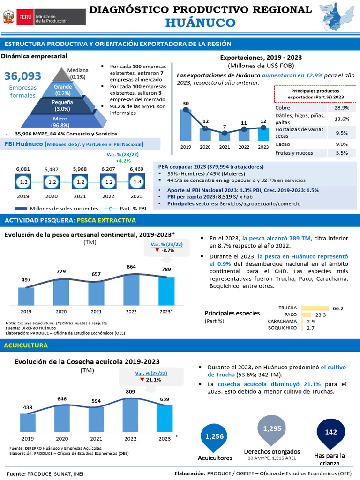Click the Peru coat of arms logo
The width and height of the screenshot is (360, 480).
point(8,17)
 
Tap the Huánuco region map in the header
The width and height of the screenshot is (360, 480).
point(338,18)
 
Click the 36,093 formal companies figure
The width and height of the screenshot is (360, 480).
point(22,76)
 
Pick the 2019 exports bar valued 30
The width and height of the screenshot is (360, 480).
point(186,125)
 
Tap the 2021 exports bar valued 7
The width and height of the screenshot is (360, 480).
point(225,136)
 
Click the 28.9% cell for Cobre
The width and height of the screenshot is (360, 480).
point(342,108)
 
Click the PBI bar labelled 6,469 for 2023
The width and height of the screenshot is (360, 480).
point(136,181)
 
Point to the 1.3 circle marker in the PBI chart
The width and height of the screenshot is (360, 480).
point(136,181)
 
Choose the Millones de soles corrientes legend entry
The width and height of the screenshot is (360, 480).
point(57,209)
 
